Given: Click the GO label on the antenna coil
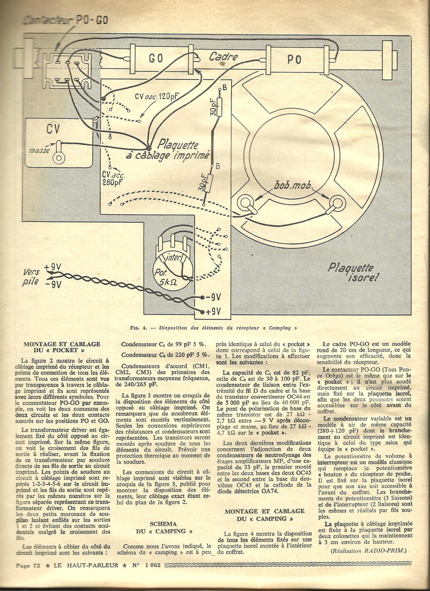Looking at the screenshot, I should (x=156, y=59).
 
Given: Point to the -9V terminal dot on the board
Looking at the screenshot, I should (x=203, y=297).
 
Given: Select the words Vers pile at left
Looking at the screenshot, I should (x=31, y=277).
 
